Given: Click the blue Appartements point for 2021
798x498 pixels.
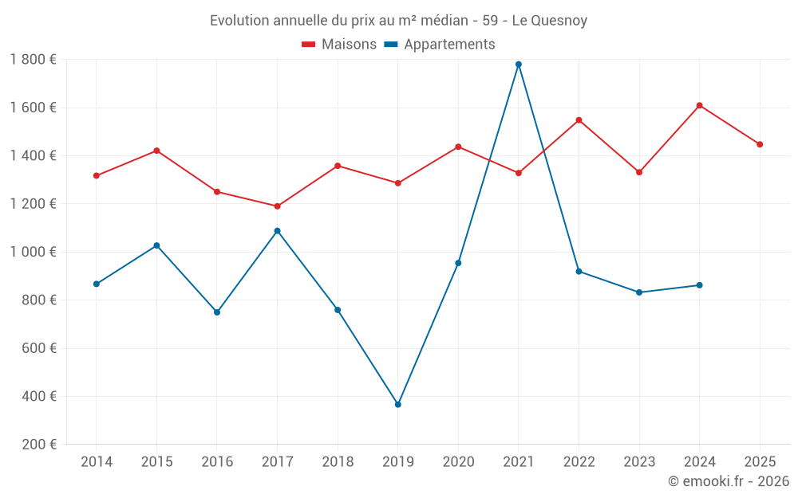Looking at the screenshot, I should (519, 64).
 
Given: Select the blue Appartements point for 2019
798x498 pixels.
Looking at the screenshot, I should (398, 405).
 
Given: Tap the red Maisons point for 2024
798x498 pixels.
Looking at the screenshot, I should (699, 105).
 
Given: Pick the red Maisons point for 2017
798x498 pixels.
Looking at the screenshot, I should (277, 206).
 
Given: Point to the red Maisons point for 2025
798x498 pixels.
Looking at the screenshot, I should (760, 144).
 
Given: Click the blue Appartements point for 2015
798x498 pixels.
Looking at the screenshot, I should (156, 245).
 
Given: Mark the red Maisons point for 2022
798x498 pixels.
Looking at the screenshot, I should (579, 120).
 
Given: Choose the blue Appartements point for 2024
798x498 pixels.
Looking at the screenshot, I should (699, 285).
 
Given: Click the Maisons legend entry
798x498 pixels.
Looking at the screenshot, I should (339, 45).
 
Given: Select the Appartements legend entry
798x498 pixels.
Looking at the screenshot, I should (440, 45).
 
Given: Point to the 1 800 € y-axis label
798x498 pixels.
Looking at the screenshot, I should (33, 59).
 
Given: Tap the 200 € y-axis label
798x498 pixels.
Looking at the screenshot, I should (39, 445).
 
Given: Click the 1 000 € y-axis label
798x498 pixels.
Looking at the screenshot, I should (33, 252).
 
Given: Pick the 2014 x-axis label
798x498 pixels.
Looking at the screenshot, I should (97, 462).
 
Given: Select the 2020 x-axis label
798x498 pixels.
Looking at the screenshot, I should (458, 462).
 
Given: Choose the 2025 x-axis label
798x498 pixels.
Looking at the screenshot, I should (760, 462).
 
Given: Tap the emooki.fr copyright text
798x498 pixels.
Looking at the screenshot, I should (729, 481).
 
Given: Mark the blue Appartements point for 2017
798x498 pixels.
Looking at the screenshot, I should (277, 231).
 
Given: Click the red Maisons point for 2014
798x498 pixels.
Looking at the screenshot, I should (97, 175).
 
